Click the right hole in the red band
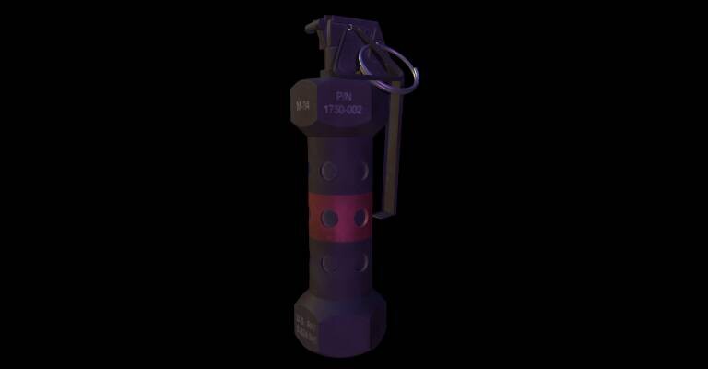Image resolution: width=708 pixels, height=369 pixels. [360, 217]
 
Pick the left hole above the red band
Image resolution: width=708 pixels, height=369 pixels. [329, 170]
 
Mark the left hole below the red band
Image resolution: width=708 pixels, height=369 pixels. [329, 263]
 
